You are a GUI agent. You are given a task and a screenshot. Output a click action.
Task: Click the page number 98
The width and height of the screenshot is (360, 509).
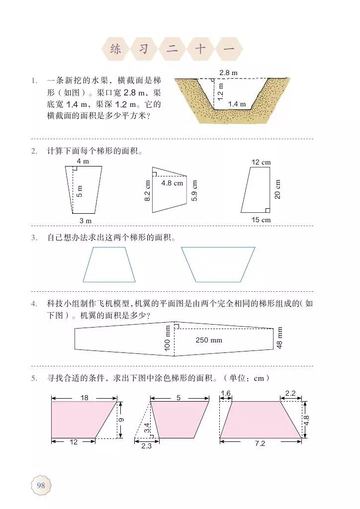(x=41, y=485)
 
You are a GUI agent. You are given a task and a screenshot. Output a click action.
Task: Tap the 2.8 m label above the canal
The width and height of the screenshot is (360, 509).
(x=228, y=73)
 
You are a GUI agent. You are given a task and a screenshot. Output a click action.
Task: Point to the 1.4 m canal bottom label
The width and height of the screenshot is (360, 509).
(x=237, y=104)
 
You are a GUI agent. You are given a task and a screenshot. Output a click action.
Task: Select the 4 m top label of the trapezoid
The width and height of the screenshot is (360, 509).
(x=83, y=161)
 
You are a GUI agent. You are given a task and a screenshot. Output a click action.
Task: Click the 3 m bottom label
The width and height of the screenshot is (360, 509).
(x=86, y=220)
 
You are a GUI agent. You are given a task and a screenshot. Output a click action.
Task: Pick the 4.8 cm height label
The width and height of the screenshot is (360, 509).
(x=172, y=183)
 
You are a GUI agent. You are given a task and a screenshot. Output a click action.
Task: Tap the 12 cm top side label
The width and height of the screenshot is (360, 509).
(x=261, y=163)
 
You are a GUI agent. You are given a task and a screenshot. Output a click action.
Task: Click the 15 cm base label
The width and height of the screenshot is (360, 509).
(x=261, y=220)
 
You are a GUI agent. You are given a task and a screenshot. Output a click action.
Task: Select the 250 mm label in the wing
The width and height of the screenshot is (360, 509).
(x=209, y=340)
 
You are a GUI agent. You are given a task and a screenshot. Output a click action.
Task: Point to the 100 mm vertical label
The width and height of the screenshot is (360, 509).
(x=168, y=339)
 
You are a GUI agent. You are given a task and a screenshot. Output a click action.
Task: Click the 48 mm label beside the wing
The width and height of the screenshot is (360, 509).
(x=279, y=338)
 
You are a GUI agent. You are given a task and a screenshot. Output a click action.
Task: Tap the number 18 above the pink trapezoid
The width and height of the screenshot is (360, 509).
(x=84, y=398)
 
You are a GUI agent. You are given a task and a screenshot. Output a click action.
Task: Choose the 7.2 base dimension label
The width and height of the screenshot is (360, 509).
(x=260, y=443)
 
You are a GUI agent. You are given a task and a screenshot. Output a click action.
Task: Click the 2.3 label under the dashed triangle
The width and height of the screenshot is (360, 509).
(x=146, y=446)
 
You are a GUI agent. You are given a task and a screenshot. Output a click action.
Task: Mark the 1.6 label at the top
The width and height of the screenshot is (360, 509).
(x=226, y=393)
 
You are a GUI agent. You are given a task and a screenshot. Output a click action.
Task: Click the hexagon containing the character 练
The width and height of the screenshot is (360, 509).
(x=115, y=49)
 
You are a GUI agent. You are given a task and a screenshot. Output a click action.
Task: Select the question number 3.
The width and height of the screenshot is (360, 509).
(x=34, y=238)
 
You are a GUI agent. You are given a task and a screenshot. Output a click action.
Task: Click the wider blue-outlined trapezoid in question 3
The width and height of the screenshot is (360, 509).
(x=218, y=264)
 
